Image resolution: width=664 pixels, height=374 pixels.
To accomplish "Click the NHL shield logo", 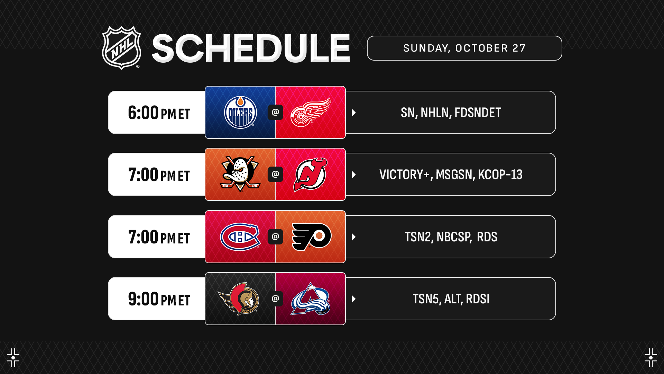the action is pos(121,48).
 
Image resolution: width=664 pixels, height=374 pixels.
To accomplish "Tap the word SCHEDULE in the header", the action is pos(251,48).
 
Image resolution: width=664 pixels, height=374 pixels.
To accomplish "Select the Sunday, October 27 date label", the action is pos(464,48).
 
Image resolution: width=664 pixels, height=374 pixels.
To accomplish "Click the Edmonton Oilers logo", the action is pos(240,112).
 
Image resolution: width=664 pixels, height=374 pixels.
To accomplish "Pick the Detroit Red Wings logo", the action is pos(311,112).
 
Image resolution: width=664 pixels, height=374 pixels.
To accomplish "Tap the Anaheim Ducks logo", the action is pos(240,174).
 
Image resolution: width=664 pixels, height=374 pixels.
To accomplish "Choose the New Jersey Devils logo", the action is pos(310,175).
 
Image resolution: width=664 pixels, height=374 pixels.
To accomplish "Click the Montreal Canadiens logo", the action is pos(240,237).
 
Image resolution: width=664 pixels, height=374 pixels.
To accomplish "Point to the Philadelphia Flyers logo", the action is pos(311,237).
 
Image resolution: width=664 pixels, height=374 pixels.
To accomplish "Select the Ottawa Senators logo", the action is pos(239,299).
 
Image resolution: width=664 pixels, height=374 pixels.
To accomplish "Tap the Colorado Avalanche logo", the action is pos(310,299).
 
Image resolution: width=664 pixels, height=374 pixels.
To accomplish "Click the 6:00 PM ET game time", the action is pos(159,113).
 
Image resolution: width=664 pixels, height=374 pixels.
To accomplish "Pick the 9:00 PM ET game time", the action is pos(159,299).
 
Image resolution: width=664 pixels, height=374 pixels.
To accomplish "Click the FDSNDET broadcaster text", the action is pos(478,113).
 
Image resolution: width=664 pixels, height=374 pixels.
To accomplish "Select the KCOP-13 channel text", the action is pos(500,175).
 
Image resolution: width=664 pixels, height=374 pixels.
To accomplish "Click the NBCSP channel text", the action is pos(454,237).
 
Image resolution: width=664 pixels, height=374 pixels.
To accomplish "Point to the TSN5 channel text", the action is pos(426,299).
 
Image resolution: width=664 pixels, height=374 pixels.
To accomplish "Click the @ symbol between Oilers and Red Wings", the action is pos(275,112).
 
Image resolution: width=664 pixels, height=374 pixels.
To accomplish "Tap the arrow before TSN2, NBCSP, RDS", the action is pos(354,237).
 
